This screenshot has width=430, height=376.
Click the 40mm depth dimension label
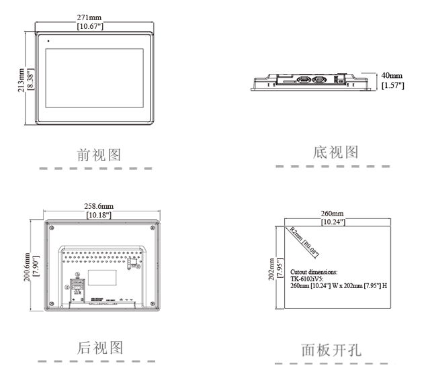[392, 76]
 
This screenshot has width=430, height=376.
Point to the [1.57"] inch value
[392, 85]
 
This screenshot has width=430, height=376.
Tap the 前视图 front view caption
[99, 155]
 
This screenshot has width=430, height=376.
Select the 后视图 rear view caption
[100, 348]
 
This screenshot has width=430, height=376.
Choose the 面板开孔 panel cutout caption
[331, 350]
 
